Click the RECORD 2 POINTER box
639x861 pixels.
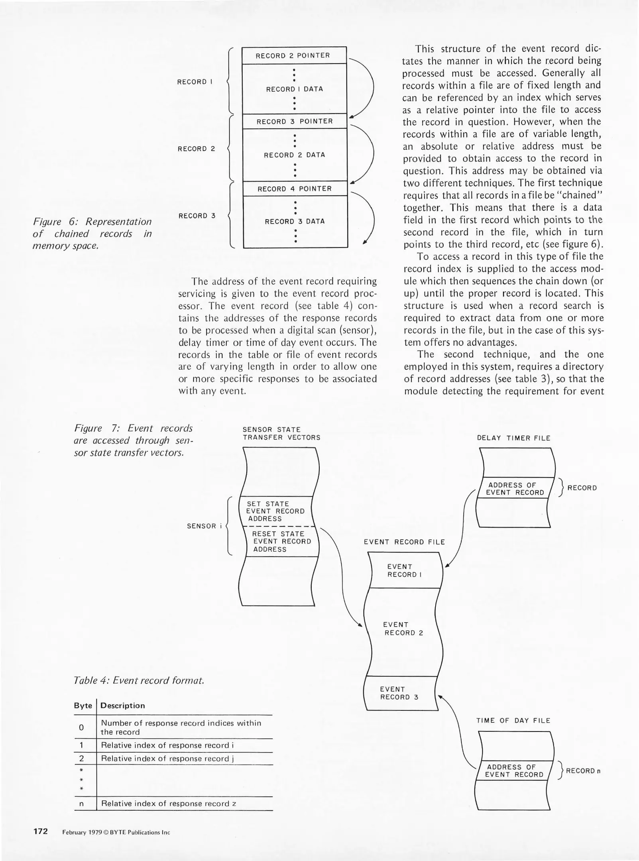coord(293,55)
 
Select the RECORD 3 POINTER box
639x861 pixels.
coord(295,121)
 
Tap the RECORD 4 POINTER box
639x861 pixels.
coord(295,189)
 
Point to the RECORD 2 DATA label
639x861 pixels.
coord(295,155)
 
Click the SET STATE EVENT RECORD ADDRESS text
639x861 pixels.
coord(275,511)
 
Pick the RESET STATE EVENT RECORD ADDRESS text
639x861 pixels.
coord(281,541)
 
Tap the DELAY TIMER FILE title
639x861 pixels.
coord(513,438)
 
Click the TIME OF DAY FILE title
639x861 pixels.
coord(513,720)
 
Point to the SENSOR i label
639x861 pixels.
coord(204,526)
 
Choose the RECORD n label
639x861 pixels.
coord(583,771)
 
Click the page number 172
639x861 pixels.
coord(41,831)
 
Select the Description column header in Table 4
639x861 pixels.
coord(123,706)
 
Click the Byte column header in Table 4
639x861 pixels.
coord(83,706)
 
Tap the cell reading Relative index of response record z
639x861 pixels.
coord(169,803)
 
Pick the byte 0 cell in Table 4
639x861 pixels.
coord(81,727)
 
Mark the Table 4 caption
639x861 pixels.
coord(139,680)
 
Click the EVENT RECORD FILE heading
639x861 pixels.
coord(404,542)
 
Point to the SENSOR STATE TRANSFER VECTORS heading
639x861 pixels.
coord(281,433)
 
